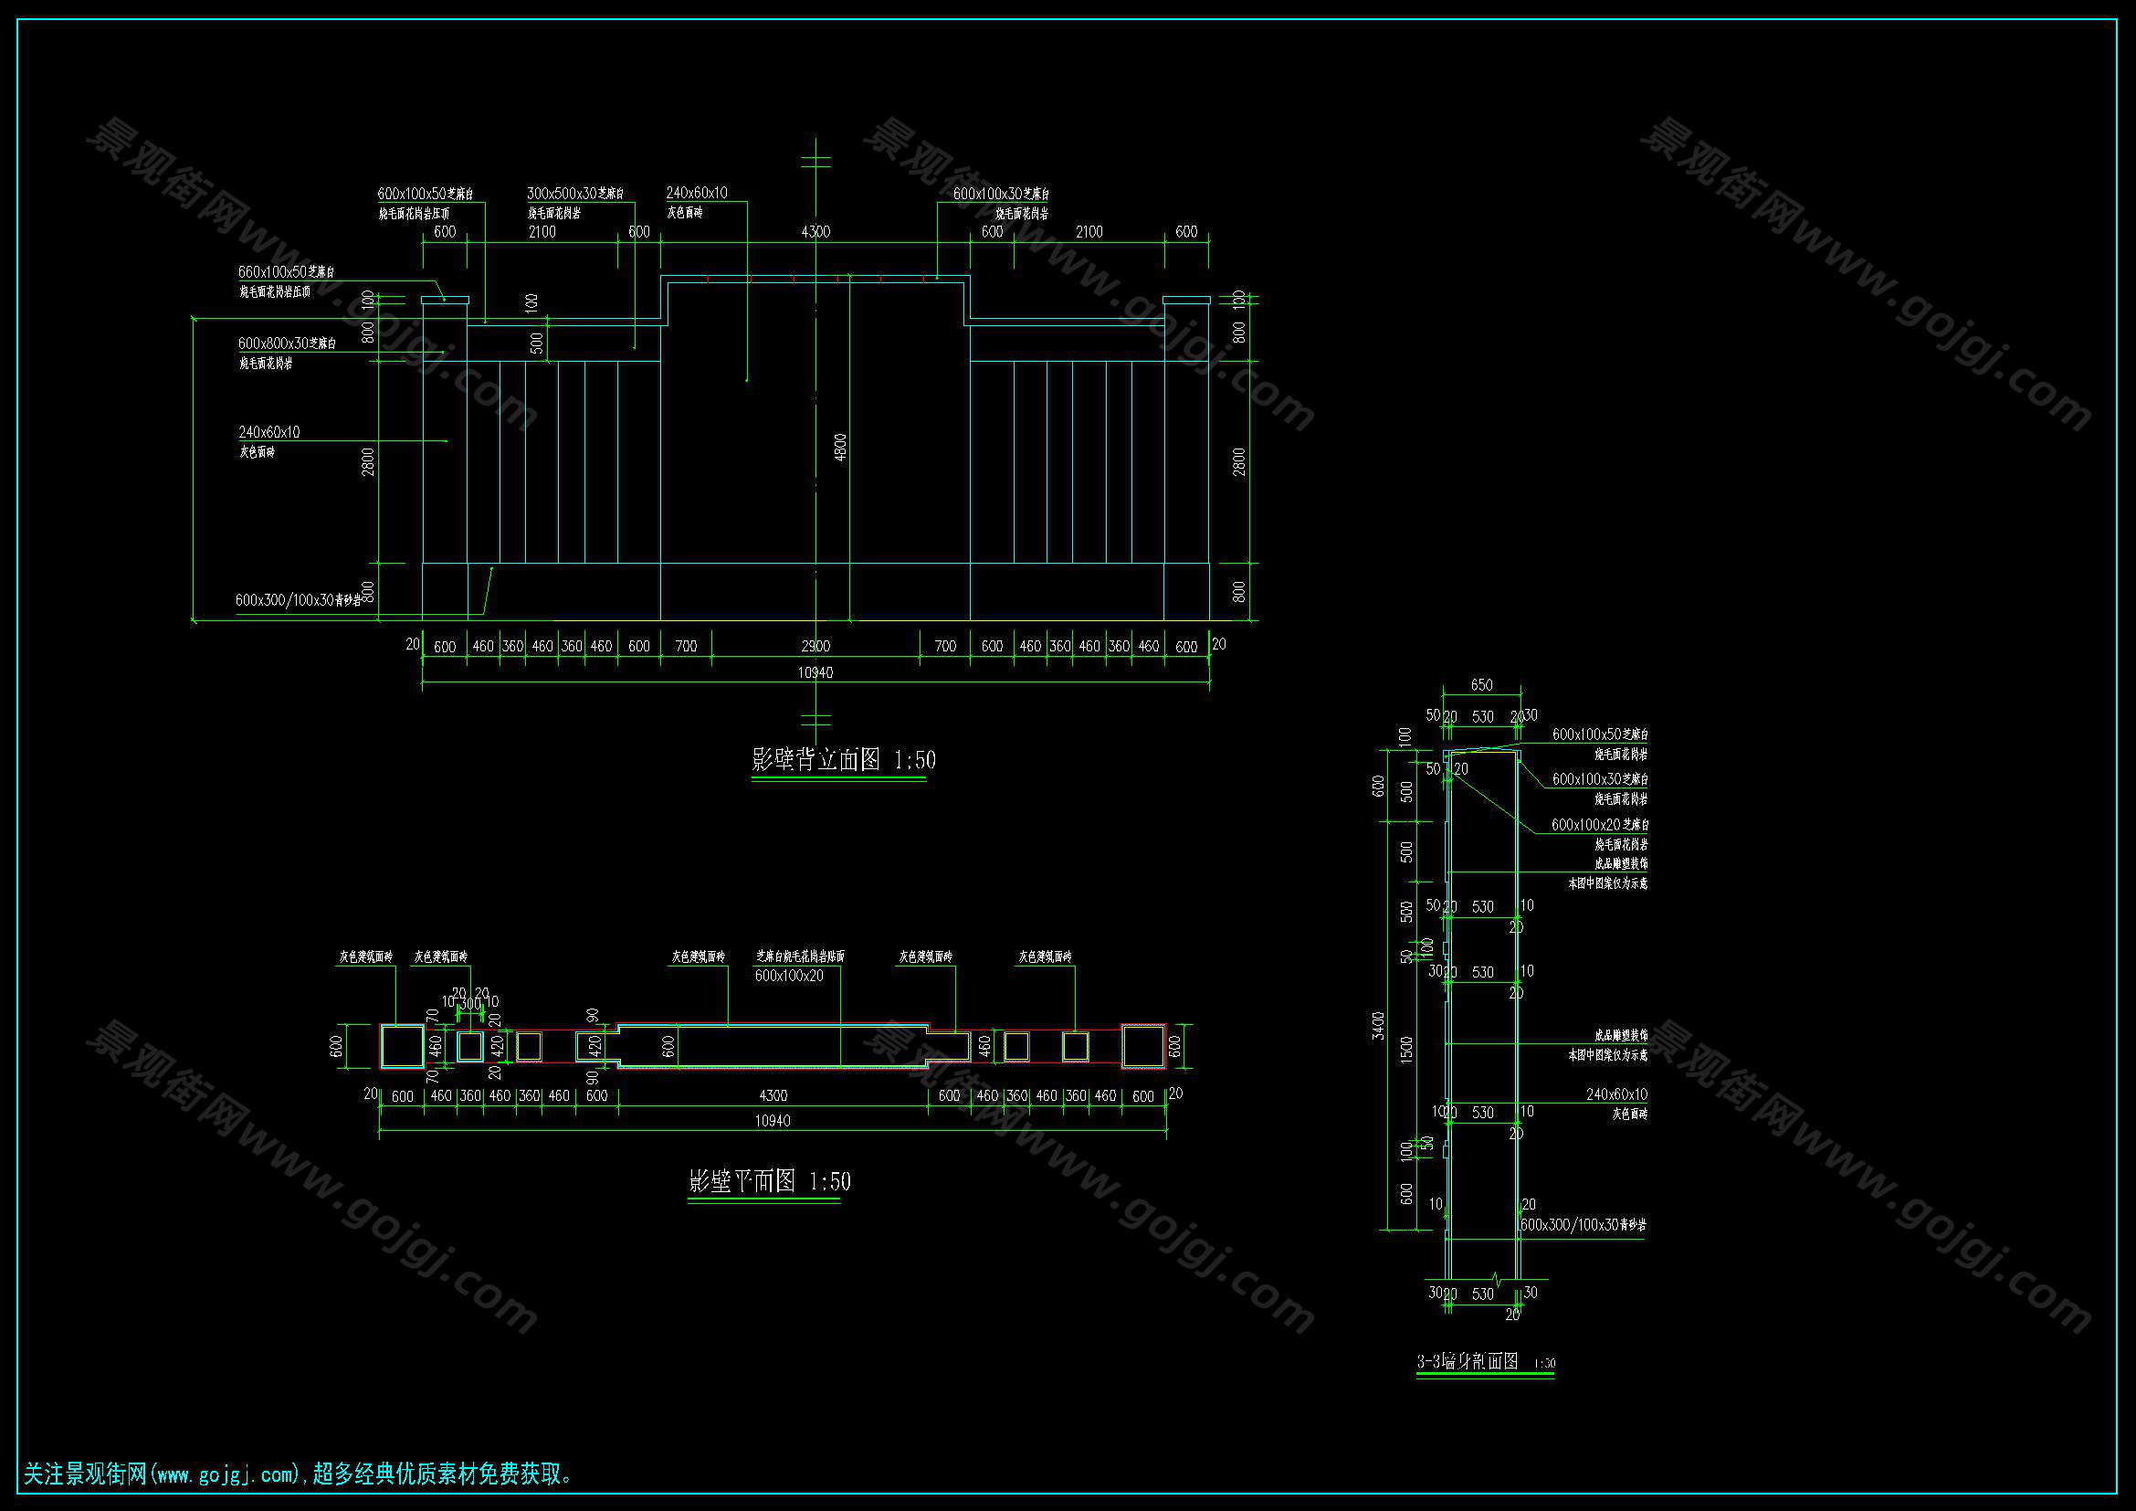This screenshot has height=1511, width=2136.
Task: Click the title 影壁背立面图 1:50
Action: (843, 760)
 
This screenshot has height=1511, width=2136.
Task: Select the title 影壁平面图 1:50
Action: (769, 1181)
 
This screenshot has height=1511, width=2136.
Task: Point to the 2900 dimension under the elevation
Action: (815, 647)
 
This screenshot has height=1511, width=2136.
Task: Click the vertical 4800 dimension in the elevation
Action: (840, 448)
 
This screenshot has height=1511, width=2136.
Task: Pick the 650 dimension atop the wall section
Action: (1481, 685)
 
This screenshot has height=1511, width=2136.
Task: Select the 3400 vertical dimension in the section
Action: (1380, 1025)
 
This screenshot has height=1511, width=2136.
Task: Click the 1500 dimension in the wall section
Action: (1406, 1049)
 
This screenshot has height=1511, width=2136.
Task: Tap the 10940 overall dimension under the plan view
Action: (773, 1121)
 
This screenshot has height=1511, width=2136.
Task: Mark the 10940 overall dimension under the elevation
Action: (815, 672)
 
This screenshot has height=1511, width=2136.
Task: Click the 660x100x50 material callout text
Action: (286, 272)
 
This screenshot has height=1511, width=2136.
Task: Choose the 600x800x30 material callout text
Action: (287, 343)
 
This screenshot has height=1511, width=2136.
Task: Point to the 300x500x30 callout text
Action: (575, 194)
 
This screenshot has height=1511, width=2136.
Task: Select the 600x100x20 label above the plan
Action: (789, 976)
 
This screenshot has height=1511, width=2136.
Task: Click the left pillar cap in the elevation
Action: (445, 301)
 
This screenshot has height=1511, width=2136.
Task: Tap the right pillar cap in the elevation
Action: (1186, 301)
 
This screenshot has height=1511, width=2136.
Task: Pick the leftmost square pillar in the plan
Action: (402, 1047)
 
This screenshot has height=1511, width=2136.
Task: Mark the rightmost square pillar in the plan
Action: (1143, 1047)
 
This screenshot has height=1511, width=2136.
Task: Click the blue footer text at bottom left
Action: (298, 1474)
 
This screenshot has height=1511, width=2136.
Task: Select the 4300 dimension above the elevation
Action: (815, 232)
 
